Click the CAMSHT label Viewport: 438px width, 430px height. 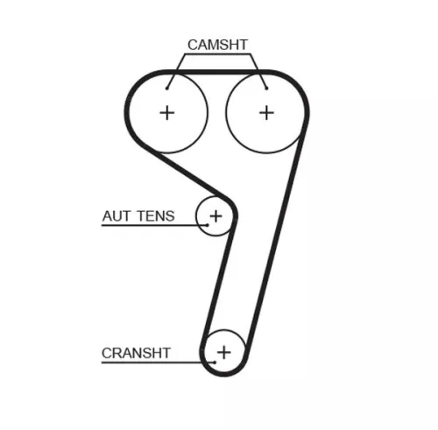coord(217,45)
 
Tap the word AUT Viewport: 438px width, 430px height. coord(116,216)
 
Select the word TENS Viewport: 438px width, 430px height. coord(156,216)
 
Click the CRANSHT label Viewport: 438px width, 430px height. coord(136,353)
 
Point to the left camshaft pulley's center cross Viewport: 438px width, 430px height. coord(167,113)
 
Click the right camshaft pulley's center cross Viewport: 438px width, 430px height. coord(266,113)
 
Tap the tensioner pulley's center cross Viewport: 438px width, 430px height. coord(216,216)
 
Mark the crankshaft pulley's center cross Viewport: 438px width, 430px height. coord(224,352)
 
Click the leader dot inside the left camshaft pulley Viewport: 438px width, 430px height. coord(167,88)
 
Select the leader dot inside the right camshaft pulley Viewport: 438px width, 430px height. coord(266,88)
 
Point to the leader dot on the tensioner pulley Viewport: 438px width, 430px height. coord(208,225)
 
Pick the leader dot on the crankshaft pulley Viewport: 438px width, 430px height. coord(215,363)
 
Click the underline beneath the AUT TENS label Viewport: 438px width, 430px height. coord(154,225)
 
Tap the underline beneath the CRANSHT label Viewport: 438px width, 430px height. coord(158,363)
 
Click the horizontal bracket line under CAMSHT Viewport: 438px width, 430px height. coord(217,54)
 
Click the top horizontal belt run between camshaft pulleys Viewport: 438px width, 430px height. coord(216,72)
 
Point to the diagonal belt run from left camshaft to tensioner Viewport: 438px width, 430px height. coord(191,174)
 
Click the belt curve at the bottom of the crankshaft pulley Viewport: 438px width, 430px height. coord(224,374)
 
